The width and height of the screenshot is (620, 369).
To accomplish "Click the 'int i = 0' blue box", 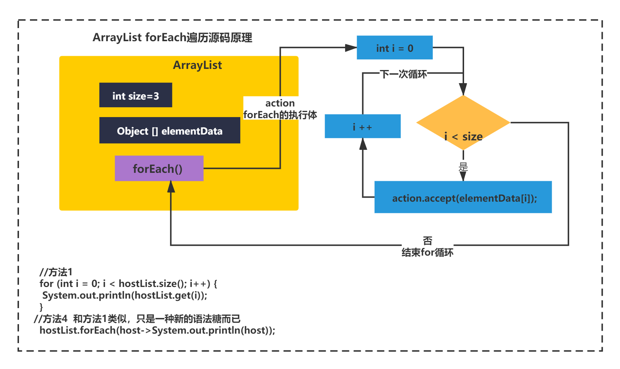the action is (x=395, y=47).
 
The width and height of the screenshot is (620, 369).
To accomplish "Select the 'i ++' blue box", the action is (x=363, y=126).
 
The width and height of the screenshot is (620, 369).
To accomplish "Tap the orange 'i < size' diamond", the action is (x=463, y=123).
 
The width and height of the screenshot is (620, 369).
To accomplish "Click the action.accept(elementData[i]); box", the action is (x=463, y=197).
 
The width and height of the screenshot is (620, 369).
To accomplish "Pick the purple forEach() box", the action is (x=159, y=168).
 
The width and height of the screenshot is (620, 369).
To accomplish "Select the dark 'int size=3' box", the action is (x=135, y=95).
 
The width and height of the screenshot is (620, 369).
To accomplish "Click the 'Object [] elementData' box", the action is (x=170, y=130).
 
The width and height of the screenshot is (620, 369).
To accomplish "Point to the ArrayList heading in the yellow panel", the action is (x=197, y=65).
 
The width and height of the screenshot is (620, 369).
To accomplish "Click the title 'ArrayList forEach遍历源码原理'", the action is (x=172, y=38).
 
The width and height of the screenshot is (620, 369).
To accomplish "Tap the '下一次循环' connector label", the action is (x=403, y=74).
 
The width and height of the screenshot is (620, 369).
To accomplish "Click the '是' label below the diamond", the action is (x=463, y=167).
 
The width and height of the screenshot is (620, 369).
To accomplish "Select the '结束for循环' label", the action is (x=428, y=252).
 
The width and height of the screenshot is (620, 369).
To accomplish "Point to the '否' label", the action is (x=428, y=241).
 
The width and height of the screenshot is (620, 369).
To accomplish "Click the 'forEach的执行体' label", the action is (x=280, y=115).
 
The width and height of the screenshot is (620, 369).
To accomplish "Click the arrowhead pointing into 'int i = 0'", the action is (x=351, y=47).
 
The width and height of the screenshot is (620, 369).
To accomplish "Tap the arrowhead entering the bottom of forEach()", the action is (x=171, y=187).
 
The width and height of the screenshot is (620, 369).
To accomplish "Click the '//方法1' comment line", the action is (x=56, y=272).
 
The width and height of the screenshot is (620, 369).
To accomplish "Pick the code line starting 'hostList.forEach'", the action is (x=157, y=330).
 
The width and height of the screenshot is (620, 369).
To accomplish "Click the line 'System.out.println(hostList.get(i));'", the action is (x=125, y=295).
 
